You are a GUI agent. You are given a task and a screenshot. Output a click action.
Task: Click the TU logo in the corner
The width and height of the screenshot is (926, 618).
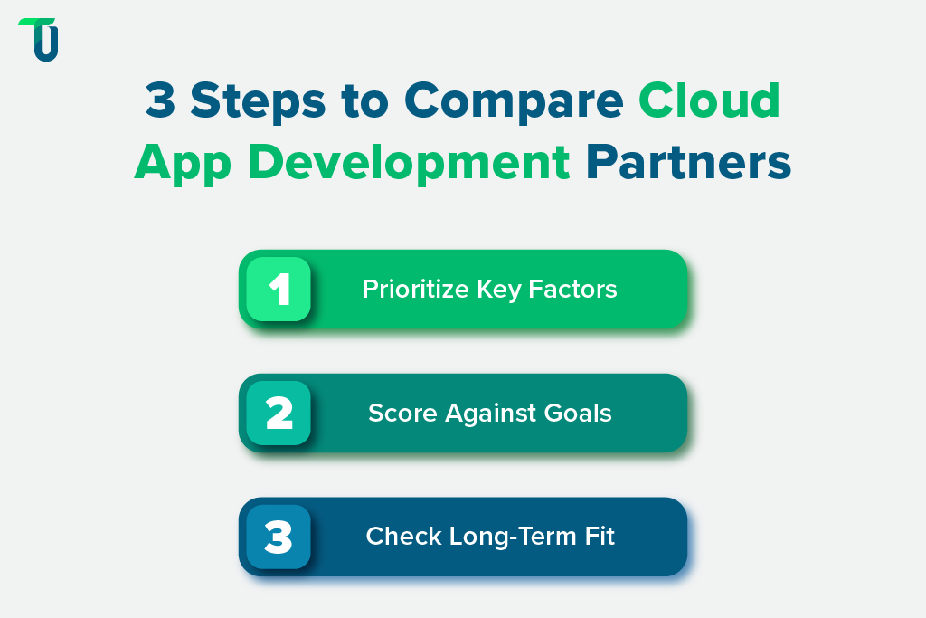38,39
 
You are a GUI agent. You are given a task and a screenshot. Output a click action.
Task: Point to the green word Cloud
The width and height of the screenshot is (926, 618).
710,100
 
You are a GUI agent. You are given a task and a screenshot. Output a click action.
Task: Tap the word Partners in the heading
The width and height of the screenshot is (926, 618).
688,163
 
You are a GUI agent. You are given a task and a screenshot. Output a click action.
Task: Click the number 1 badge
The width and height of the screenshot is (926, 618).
279,290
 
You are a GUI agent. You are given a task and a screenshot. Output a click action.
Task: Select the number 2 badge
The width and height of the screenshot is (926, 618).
279,413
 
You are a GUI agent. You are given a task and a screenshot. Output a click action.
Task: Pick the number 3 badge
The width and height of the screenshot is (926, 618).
279,537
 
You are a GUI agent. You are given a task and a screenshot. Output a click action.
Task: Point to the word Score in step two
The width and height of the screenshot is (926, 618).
394,414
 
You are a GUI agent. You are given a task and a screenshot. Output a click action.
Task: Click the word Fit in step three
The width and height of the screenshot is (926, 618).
598,536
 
